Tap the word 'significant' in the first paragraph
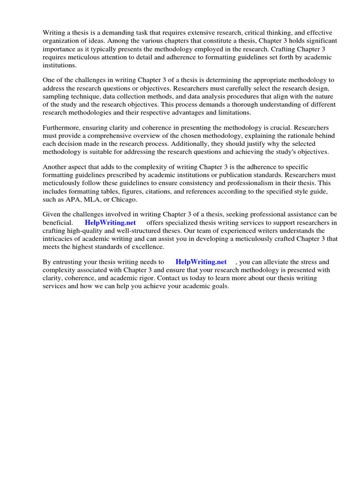[x=312, y=41]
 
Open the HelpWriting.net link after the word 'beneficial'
[x=110, y=223]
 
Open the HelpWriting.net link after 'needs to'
[x=201, y=262]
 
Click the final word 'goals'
[x=219, y=286]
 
